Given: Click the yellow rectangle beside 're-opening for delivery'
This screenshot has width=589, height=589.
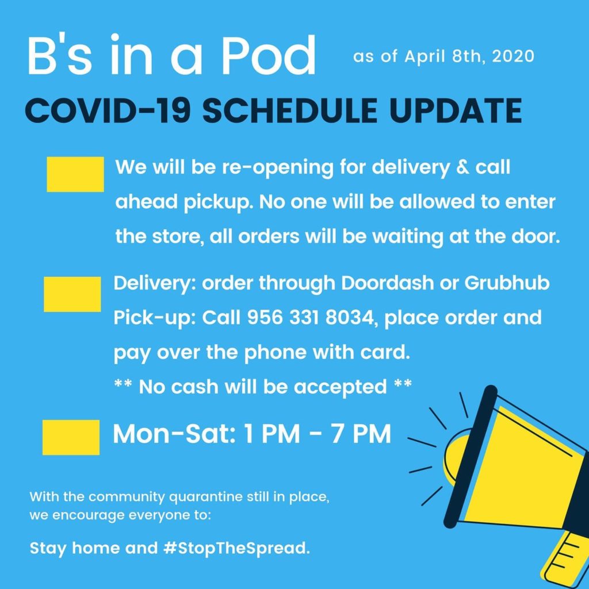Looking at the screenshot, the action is [x=75, y=174].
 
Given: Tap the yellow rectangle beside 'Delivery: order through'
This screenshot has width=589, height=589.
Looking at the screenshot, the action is [x=72, y=294].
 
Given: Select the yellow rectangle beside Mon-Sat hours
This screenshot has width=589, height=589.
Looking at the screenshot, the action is [x=71, y=437].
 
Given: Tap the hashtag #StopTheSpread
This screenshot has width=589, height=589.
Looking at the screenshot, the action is [x=237, y=549].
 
